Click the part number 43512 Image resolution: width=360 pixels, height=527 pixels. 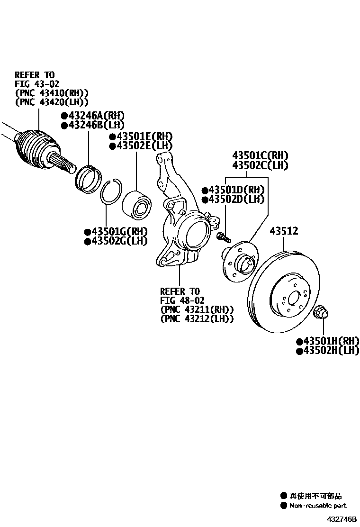point(284,231)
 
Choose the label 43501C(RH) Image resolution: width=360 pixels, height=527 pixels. point(260,155)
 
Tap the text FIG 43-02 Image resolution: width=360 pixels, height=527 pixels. point(37,84)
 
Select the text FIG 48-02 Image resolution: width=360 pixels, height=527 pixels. point(182,300)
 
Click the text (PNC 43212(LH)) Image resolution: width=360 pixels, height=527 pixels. point(197,319)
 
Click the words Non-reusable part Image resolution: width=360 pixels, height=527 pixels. point(318,506)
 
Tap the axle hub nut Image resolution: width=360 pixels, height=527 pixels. point(322,312)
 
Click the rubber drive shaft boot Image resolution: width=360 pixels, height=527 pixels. point(34,145)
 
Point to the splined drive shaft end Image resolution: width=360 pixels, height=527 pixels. point(65,164)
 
